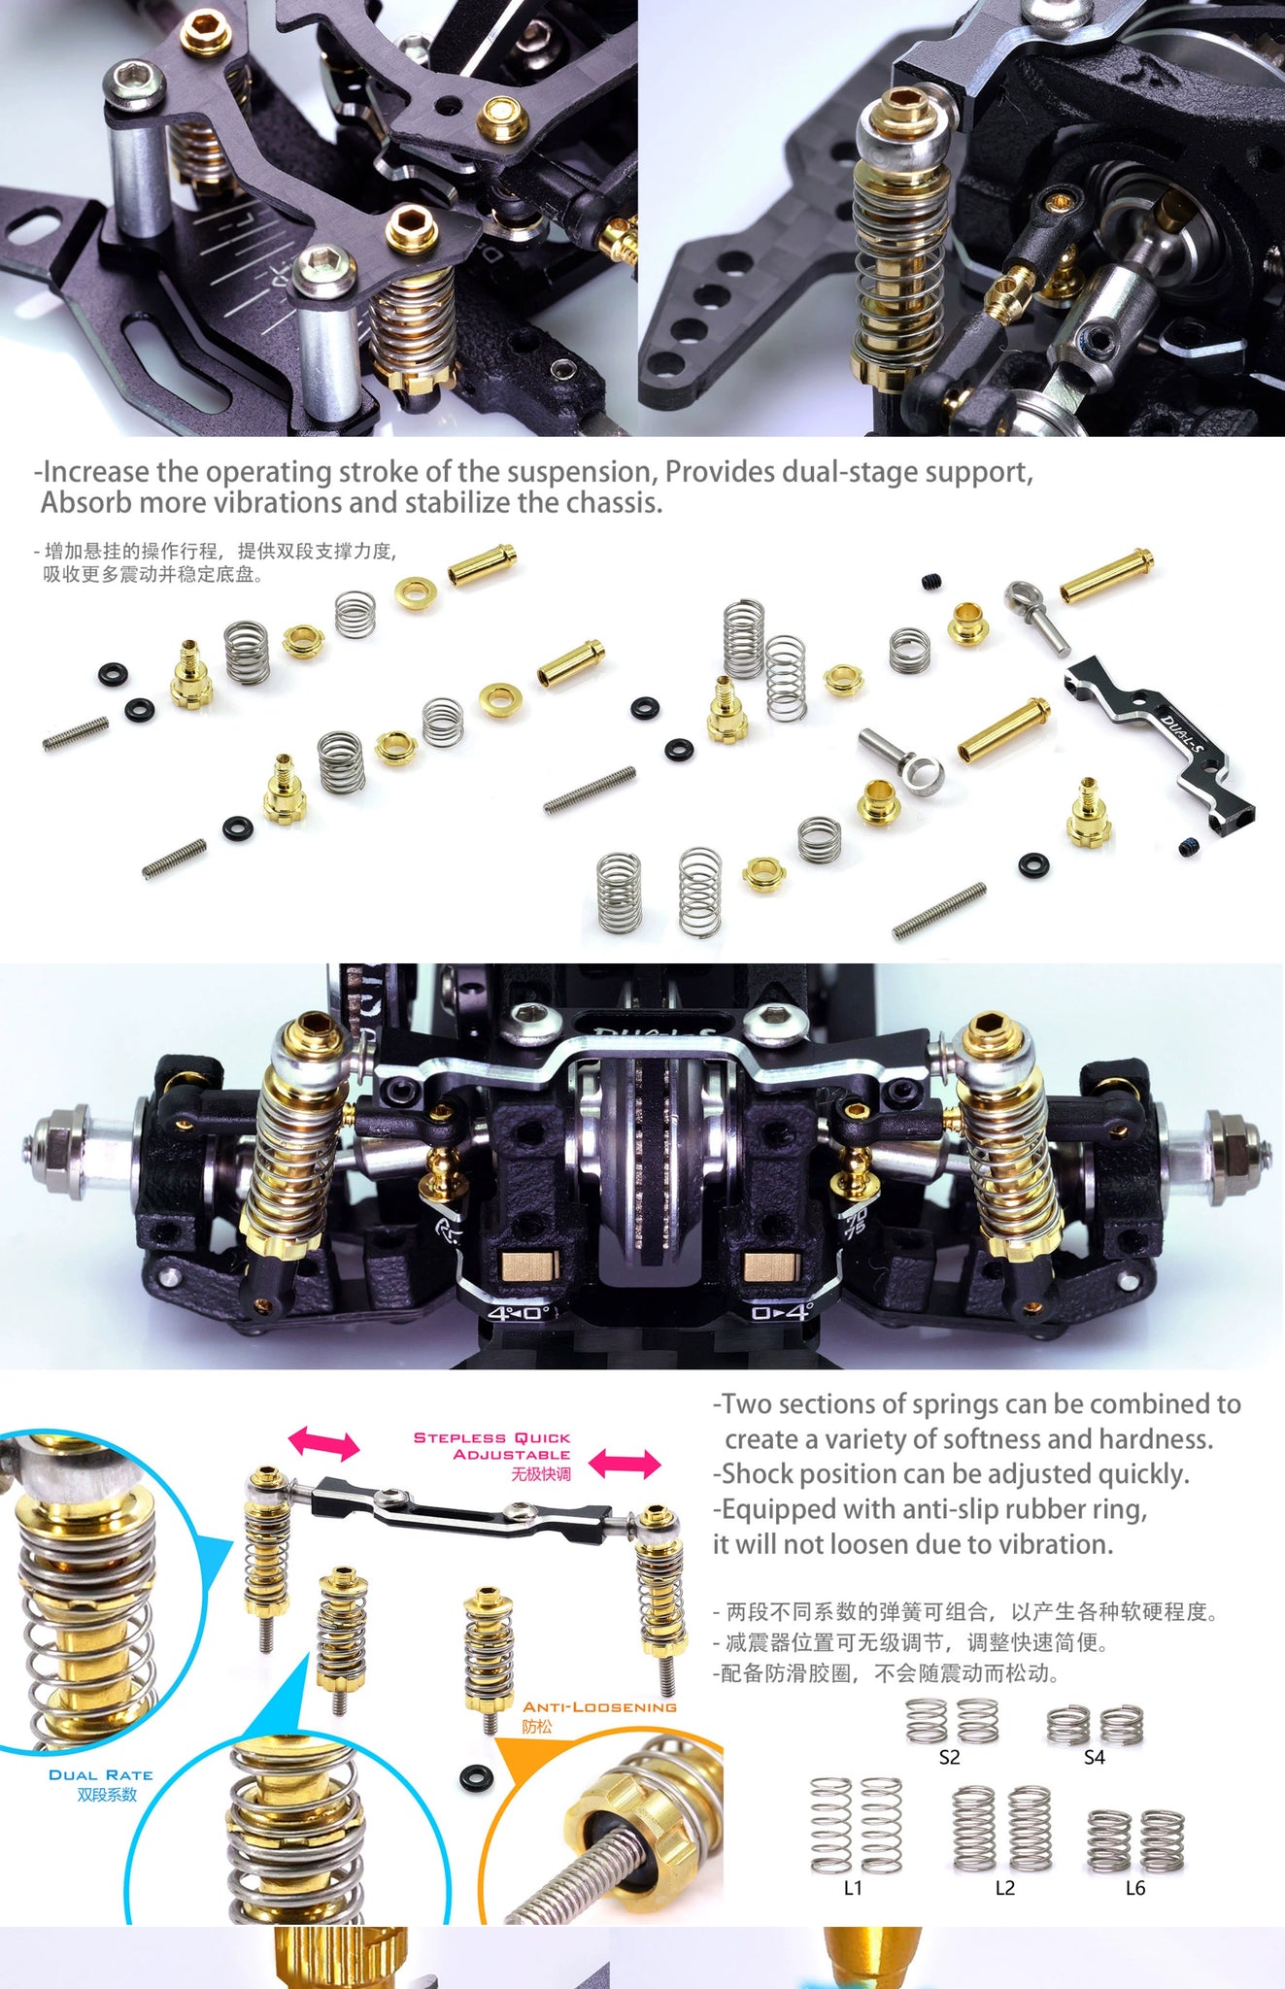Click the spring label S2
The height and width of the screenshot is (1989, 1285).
(x=949, y=1757)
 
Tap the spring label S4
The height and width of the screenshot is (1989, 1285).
(x=1094, y=1757)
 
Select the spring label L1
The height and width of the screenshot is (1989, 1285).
(x=853, y=1888)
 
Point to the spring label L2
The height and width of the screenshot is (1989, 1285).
(x=1004, y=1888)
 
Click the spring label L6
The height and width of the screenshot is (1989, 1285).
(x=1134, y=1888)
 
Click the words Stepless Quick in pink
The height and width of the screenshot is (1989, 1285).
(x=492, y=1437)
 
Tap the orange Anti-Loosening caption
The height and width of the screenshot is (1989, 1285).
(x=599, y=1707)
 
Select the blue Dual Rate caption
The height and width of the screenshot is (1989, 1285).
(x=101, y=1775)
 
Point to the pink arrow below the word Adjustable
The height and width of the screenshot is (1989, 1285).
(x=625, y=1463)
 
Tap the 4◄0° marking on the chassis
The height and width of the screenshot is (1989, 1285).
(x=518, y=1313)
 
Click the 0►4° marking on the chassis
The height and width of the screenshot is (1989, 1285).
(x=781, y=1312)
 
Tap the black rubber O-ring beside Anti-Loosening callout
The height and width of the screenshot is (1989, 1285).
(x=476, y=1778)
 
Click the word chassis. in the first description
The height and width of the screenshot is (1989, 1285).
(x=614, y=503)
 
